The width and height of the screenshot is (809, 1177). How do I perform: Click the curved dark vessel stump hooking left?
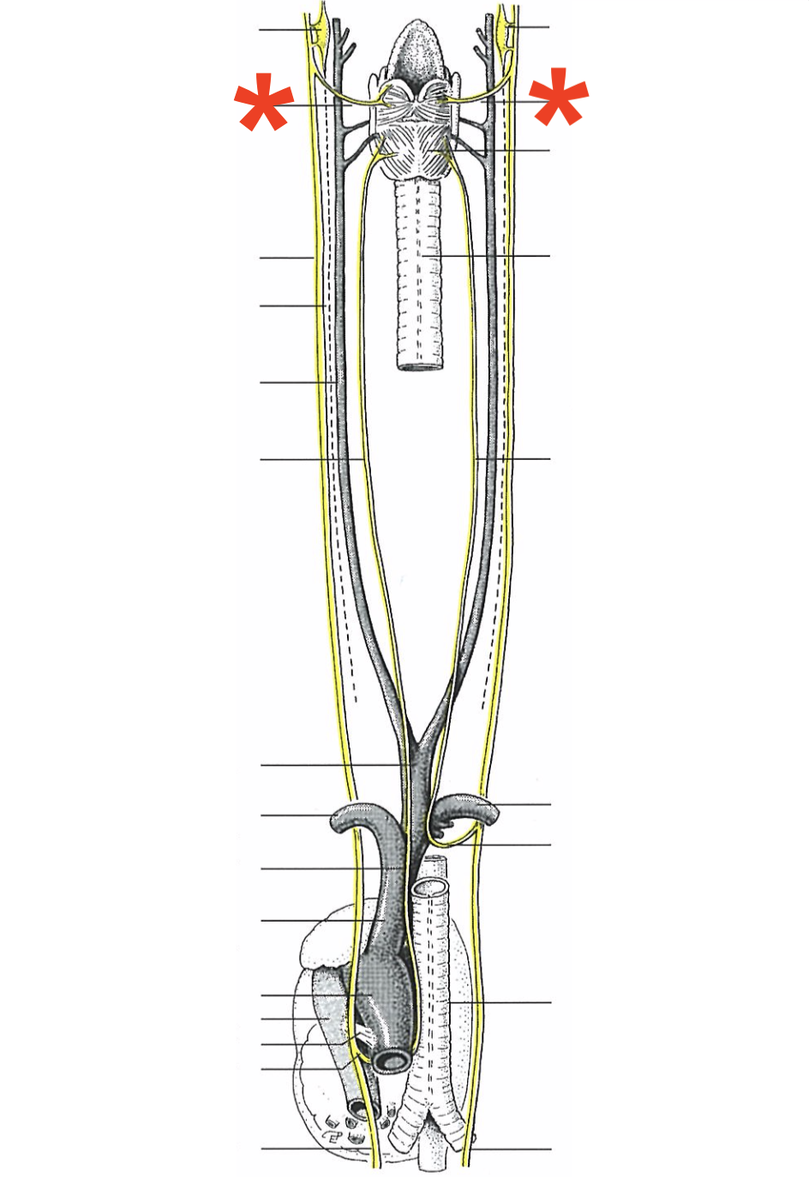[x=346, y=819]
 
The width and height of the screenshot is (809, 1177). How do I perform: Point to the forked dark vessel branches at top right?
[x=491, y=34]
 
